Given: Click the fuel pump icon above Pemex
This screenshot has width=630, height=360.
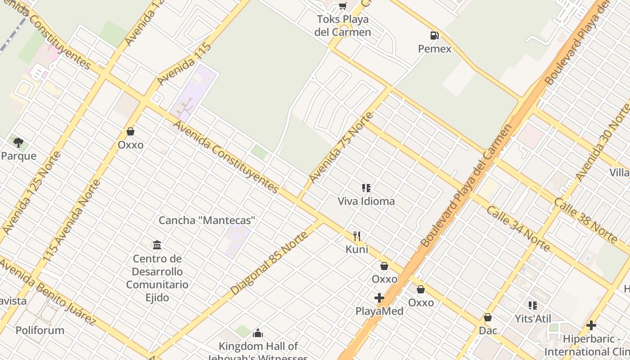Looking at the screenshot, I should click(434, 36).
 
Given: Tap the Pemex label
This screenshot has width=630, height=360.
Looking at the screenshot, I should click(434, 49).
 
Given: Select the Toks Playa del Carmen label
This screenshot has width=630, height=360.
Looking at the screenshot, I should click(343, 26).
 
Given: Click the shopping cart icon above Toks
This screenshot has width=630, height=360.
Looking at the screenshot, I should click(343, 6).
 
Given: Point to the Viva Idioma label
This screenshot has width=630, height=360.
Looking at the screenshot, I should click(366, 201).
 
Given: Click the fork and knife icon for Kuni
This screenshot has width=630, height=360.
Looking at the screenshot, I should click(357, 236).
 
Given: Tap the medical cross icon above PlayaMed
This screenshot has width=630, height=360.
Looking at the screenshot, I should click(379, 297).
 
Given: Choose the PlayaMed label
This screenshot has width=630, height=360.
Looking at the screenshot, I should click(379, 311).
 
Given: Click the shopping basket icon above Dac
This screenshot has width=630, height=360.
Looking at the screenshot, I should click(488, 317).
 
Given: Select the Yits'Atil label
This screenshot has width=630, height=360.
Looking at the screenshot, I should click(533, 319).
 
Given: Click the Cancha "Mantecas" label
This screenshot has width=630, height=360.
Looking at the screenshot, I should click(207, 220).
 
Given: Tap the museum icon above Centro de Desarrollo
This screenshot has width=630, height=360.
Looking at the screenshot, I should click(157, 245).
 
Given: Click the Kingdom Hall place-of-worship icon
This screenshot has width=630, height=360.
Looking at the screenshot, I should click(258, 333).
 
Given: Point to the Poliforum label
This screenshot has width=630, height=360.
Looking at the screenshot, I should click(40, 330).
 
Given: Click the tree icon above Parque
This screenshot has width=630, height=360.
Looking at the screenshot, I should click(18, 143).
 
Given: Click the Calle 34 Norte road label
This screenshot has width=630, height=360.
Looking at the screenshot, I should click(517, 229).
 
